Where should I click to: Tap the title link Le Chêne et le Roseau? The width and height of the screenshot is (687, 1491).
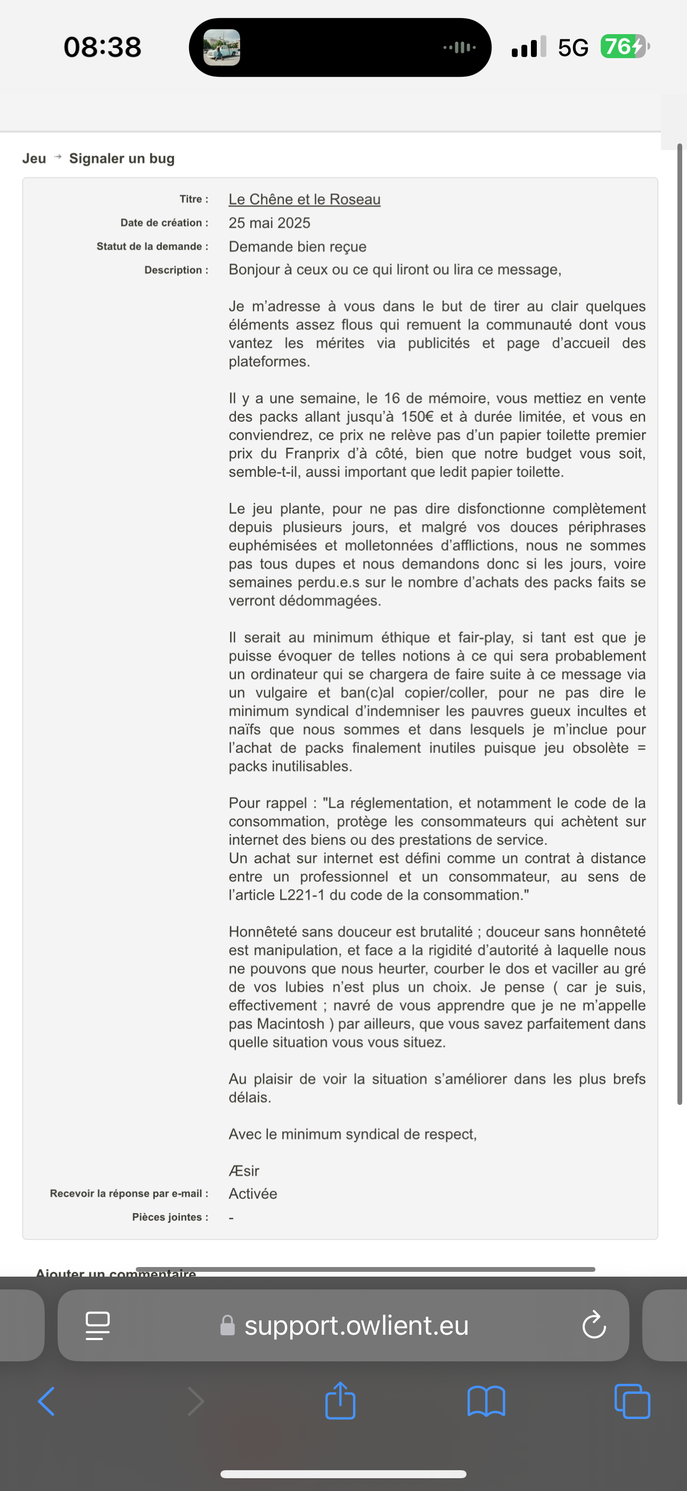[x=304, y=199]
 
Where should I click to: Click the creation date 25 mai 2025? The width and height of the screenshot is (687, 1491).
[x=269, y=223]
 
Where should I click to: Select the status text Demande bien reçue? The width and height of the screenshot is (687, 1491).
[x=297, y=246]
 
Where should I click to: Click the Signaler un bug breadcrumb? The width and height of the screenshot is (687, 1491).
[x=121, y=158]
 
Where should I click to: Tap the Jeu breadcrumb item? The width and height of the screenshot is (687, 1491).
[x=34, y=158]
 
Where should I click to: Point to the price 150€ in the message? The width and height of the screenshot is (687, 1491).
[x=418, y=416]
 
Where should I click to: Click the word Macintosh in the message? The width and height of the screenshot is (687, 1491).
[x=290, y=1023]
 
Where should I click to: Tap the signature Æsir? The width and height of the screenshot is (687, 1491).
[x=243, y=1171]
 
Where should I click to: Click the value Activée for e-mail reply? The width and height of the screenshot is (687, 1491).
[x=253, y=1193]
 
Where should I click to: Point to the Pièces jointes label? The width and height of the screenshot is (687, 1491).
[x=169, y=1217]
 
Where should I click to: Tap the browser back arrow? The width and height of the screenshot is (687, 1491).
[x=46, y=1401]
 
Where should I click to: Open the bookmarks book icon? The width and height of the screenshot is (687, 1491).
[x=486, y=1401]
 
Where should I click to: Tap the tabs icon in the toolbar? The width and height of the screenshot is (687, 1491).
[x=632, y=1401]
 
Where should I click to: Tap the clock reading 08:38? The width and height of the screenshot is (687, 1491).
[x=102, y=47]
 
